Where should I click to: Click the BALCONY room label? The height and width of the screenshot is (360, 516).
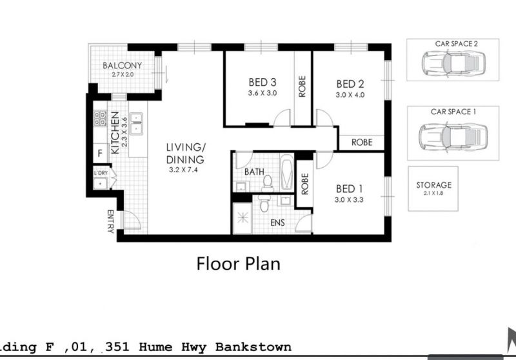coord(122,66)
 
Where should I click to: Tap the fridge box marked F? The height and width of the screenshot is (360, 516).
coord(101,153)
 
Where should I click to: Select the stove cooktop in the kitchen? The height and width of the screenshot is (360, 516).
coord(101,119)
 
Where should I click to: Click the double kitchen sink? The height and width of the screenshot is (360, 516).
coord(136,123)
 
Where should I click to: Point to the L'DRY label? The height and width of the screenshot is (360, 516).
coord(101,173)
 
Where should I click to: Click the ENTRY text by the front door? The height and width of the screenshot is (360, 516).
coord(110,221)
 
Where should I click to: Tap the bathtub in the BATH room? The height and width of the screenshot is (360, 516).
coord(286,172)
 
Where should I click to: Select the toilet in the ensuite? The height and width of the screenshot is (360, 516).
coord(264,203)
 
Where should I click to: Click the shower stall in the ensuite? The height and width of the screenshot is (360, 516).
coord(243,218)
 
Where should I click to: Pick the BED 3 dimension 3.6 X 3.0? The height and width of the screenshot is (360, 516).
coord(263,93)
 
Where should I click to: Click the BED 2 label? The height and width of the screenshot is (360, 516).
coord(350,85)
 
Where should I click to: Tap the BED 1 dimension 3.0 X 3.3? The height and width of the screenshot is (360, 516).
coord(349,200)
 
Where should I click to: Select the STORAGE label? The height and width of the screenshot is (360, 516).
coord(433,185)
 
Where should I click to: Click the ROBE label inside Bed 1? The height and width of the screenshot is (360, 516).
coord(304,184)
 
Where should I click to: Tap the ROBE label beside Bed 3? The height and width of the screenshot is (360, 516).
coord(302,86)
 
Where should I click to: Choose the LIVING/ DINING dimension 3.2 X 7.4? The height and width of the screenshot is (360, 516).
coord(183,170)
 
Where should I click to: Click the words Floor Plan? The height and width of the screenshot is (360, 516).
coord(238,264)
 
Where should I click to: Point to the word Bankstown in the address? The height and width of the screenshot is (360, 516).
coord(253,347)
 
